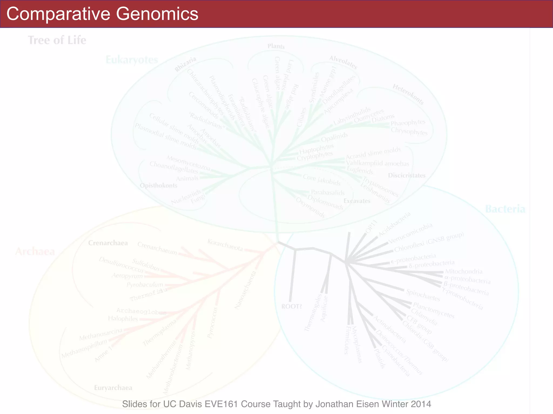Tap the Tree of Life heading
click(57, 40)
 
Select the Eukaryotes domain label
click(132, 60)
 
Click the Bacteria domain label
click(505, 209)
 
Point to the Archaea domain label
click(35, 251)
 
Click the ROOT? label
click(292, 306)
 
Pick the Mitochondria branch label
click(464, 271)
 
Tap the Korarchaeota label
click(225, 245)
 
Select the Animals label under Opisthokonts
click(187, 178)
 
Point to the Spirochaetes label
click(423, 295)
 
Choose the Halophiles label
click(123, 319)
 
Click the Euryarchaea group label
click(113, 388)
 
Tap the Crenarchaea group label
click(108, 243)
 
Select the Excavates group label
click(357, 201)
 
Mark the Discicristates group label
click(407, 175)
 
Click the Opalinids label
click(334, 137)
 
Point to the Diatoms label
click(383, 118)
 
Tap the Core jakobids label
click(322, 180)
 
